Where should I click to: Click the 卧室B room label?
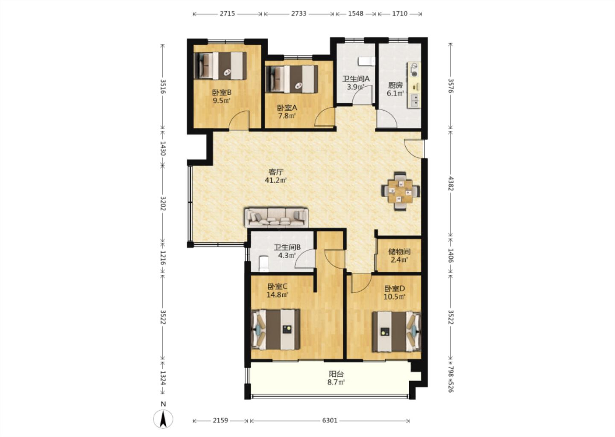click(x=222, y=92)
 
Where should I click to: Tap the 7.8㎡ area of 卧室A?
click(x=287, y=116)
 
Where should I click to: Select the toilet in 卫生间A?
click(x=366, y=61)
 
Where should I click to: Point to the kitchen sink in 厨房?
click(x=415, y=100)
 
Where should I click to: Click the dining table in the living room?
click(x=401, y=191)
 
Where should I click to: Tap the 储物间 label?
click(x=399, y=251)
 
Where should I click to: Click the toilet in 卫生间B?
click(x=264, y=264)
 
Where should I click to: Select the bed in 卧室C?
click(x=275, y=329)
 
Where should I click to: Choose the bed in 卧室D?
click(x=396, y=332)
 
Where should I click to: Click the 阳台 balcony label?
click(x=336, y=374)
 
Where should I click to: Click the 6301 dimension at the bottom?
click(x=329, y=420)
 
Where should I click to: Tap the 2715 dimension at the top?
click(x=227, y=13)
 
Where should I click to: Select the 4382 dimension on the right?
click(x=451, y=184)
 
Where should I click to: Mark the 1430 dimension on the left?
click(x=163, y=149)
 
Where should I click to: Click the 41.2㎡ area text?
click(x=275, y=180)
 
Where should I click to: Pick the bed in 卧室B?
click(x=220, y=66)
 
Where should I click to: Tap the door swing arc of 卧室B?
click(x=237, y=117)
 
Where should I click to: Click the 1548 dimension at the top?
click(x=356, y=13)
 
